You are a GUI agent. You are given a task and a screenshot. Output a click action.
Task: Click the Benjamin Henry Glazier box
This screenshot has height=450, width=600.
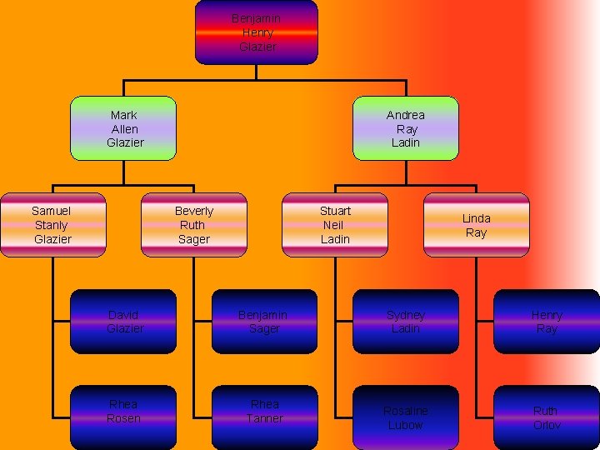(256, 32)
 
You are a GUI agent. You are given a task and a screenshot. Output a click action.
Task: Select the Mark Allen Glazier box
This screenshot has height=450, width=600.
(123, 128)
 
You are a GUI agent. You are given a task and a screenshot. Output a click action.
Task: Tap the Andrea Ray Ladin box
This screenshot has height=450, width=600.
(406, 128)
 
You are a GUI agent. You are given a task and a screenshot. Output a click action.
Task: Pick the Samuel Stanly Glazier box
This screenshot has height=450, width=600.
(52, 225)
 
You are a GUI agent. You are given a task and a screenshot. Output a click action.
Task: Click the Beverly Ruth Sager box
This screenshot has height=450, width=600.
(193, 225)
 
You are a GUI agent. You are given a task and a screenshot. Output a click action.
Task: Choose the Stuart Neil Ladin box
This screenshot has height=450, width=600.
(335, 225)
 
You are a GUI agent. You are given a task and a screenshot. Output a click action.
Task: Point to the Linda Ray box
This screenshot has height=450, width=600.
(476, 225)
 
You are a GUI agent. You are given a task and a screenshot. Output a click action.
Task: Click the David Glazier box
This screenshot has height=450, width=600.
(123, 322)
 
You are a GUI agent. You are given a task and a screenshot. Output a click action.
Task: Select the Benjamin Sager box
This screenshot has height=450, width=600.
(264, 322)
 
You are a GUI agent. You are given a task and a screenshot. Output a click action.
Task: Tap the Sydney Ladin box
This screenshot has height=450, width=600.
(406, 322)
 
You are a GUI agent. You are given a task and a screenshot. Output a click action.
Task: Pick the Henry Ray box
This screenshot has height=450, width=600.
(547, 322)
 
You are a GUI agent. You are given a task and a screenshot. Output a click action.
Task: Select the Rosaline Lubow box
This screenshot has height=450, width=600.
(406, 417)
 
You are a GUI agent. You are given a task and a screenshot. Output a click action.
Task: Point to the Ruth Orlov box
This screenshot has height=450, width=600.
(547, 417)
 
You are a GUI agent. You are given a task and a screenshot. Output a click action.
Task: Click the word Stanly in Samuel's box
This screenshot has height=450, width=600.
(52, 225)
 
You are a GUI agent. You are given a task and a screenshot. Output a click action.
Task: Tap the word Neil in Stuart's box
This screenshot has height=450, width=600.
(333, 225)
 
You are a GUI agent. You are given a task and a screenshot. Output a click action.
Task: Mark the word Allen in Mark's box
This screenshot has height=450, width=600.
(124, 129)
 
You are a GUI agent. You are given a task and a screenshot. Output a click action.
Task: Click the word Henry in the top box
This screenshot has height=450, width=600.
(257, 32)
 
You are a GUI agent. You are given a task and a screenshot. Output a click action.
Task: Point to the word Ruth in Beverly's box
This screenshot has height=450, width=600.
(192, 225)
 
